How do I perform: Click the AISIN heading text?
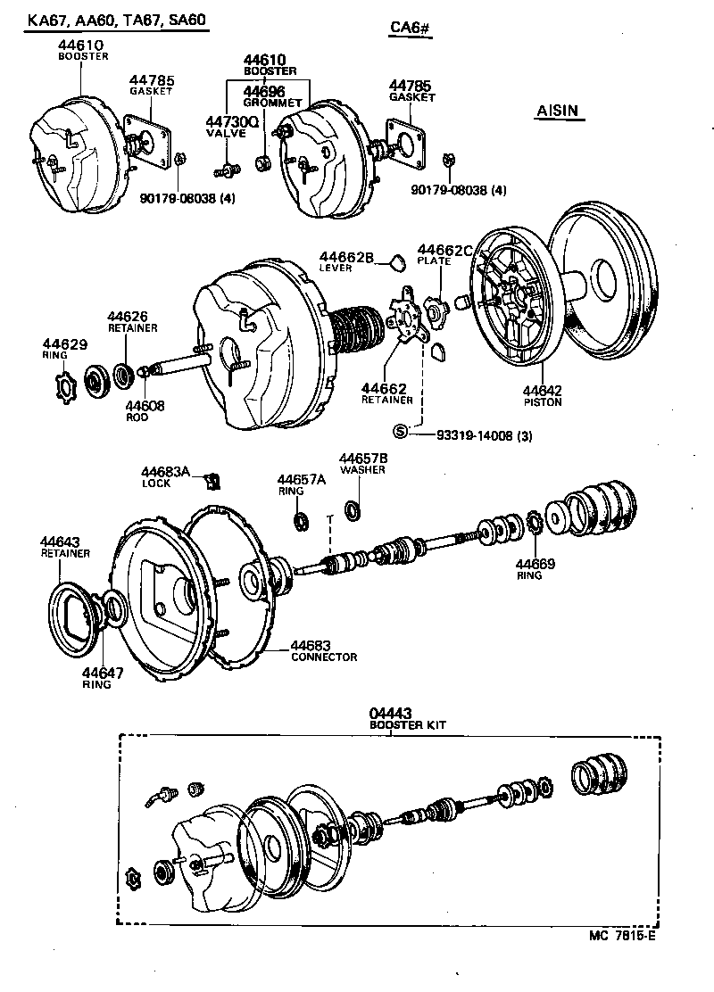(x=558, y=112)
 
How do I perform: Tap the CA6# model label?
(x=411, y=29)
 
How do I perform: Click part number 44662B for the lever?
(x=345, y=258)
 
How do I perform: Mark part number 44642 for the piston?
(x=542, y=390)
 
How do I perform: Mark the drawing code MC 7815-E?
(x=622, y=937)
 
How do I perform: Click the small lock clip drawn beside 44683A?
(x=212, y=482)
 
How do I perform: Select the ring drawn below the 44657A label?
(x=302, y=519)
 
